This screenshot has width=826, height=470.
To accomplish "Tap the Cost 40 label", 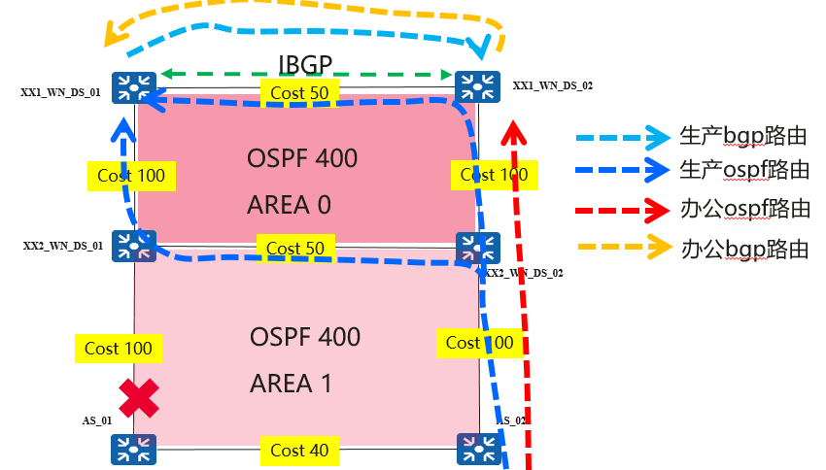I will coord(300,450).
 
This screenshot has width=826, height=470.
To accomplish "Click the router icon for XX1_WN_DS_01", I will coord(127,87).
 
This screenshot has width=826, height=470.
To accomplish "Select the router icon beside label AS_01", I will coord(127,449).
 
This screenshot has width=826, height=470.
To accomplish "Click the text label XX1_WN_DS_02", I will coord(552,86).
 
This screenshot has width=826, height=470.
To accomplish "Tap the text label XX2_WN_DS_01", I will coord(63,247).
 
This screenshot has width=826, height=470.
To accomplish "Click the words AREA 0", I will coord(291,205).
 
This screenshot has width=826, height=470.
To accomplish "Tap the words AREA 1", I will coord(291,384).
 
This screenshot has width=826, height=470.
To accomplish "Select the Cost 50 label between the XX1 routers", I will coord(299,92).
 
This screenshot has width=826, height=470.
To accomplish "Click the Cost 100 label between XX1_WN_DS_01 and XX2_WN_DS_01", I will coord(131,176).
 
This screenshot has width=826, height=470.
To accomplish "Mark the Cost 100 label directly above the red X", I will coord(118,348).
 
